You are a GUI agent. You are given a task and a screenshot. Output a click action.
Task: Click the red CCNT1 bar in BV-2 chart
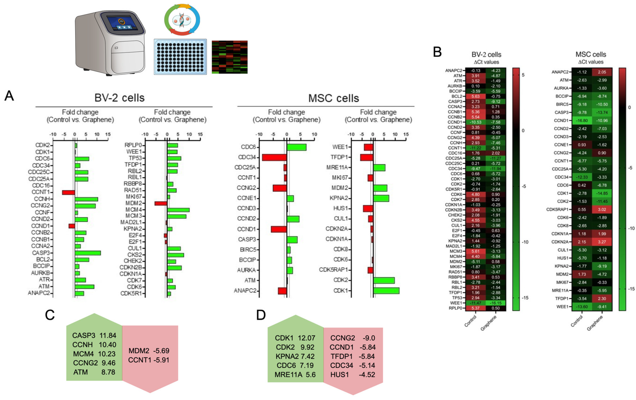(68, 192)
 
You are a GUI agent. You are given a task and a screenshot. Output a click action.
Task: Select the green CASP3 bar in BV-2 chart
(88, 253)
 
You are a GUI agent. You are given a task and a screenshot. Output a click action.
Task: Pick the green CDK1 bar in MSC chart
(386, 291)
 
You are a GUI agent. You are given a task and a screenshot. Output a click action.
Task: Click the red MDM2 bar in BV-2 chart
(161, 203)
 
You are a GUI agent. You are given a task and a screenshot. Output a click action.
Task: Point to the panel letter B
(437, 52)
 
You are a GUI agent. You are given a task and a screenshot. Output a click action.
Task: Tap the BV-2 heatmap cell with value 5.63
(475, 96)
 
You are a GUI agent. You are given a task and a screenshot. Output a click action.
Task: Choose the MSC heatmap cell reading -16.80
(582, 120)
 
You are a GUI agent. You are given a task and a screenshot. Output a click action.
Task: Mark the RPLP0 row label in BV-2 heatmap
(455, 308)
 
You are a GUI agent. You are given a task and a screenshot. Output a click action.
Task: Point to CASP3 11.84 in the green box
(94, 335)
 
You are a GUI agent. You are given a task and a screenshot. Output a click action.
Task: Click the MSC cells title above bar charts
(334, 98)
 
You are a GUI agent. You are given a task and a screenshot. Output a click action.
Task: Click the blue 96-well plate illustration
(180, 57)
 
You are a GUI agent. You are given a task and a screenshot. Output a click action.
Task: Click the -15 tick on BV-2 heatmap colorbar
(525, 298)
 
